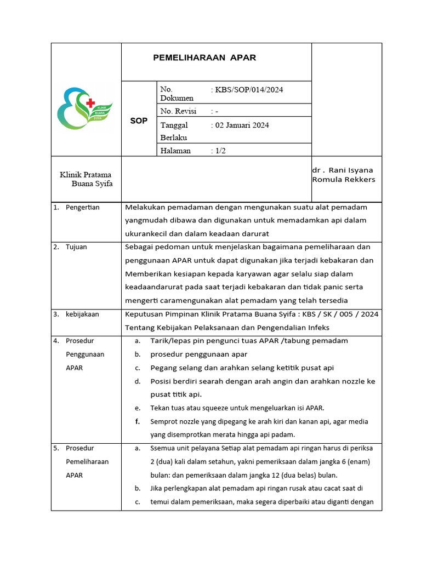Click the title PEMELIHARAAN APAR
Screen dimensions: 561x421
pyautogui.click(x=204, y=58)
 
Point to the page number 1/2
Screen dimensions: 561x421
pyautogui.click(x=220, y=151)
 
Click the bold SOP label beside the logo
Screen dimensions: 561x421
pyautogui.click(x=139, y=121)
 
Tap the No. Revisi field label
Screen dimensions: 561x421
pyautogui.click(x=178, y=111)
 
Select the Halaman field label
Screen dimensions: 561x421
pyautogui.click(x=175, y=151)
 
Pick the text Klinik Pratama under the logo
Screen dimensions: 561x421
pyautogui.click(x=86, y=175)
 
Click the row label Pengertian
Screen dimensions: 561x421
pyautogui.click(x=83, y=207)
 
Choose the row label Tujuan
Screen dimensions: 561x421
pyautogui.click(x=76, y=247)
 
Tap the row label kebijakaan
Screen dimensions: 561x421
pyautogui.click(x=82, y=314)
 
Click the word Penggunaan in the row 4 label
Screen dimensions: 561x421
pyautogui.click(x=85, y=354)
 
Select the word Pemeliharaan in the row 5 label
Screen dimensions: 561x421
pyautogui.click(x=87, y=462)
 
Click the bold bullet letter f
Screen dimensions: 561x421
pyautogui.click(x=137, y=422)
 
